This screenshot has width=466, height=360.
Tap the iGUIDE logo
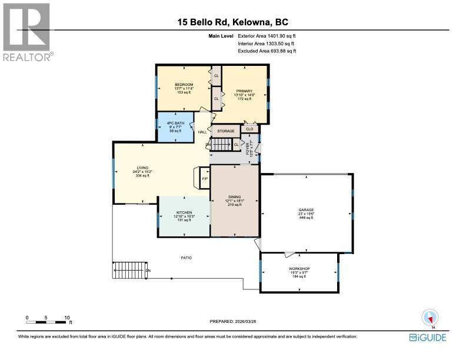[x=428, y=337]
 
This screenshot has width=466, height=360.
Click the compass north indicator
[x=429, y=317]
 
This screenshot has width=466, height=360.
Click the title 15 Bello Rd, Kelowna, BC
[x=234, y=22]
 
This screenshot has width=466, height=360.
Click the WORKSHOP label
[x=299, y=268]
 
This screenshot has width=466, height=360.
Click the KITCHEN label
[x=184, y=212]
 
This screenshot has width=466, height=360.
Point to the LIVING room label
[x=142, y=167]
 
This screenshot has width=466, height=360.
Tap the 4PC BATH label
[x=175, y=123]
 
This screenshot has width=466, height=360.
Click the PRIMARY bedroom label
[x=244, y=91]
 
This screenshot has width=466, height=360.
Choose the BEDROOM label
[x=184, y=85]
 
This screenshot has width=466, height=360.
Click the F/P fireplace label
[x=205, y=178]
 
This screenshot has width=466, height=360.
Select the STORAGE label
[x=226, y=131]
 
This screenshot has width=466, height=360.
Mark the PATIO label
[x=186, y=258]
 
